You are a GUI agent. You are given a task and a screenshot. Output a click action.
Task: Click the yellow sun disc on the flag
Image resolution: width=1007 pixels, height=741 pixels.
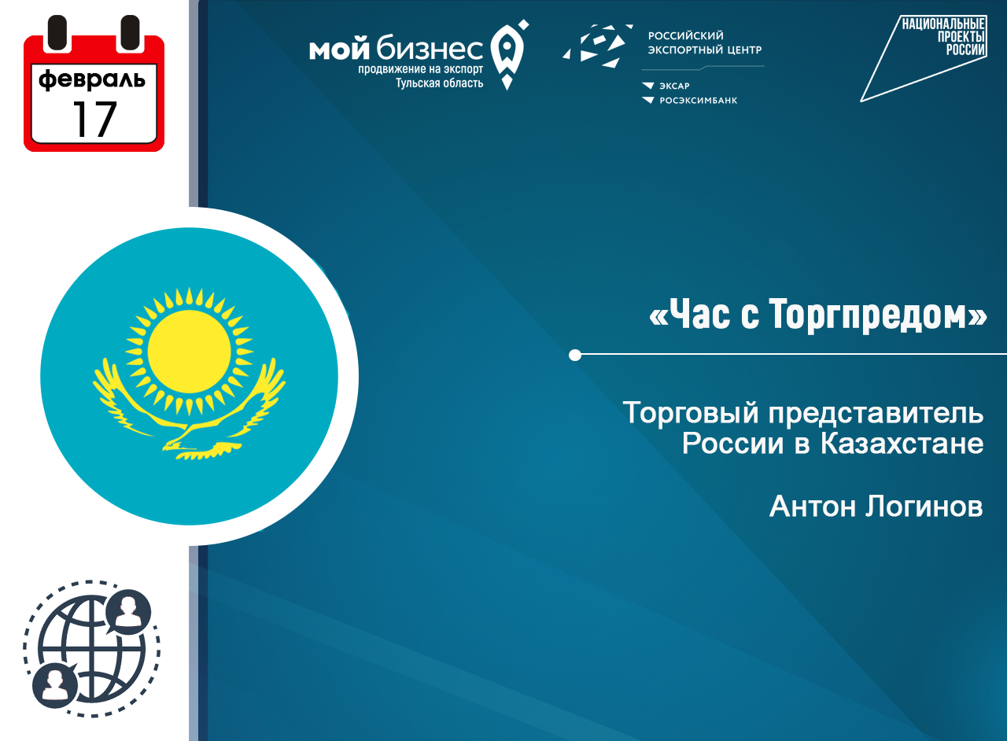tap(190, 350)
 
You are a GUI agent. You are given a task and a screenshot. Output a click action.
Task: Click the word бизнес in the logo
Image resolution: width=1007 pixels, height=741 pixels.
tap(430, 50)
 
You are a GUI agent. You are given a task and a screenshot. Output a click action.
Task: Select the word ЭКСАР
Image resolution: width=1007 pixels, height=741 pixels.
tap(674, 86)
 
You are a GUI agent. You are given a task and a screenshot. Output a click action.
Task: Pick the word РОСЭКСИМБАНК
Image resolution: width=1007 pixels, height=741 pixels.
tap(698, 101)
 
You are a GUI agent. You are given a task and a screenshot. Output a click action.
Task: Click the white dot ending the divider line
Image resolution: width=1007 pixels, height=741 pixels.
tap(575, 356)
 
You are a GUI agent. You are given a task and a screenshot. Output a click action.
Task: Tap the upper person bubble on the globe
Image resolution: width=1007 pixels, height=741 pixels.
tap(127, 613)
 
